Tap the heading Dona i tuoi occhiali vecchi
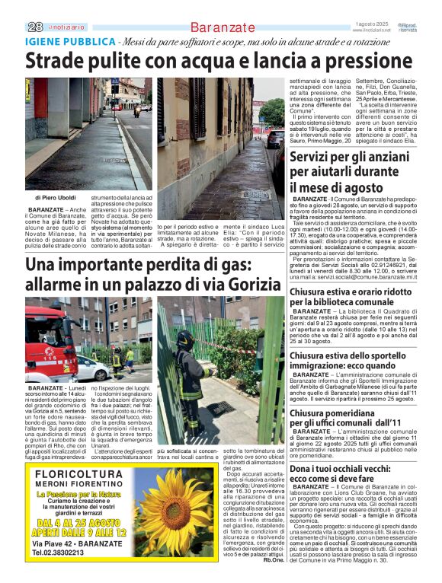tap(353, 474)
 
